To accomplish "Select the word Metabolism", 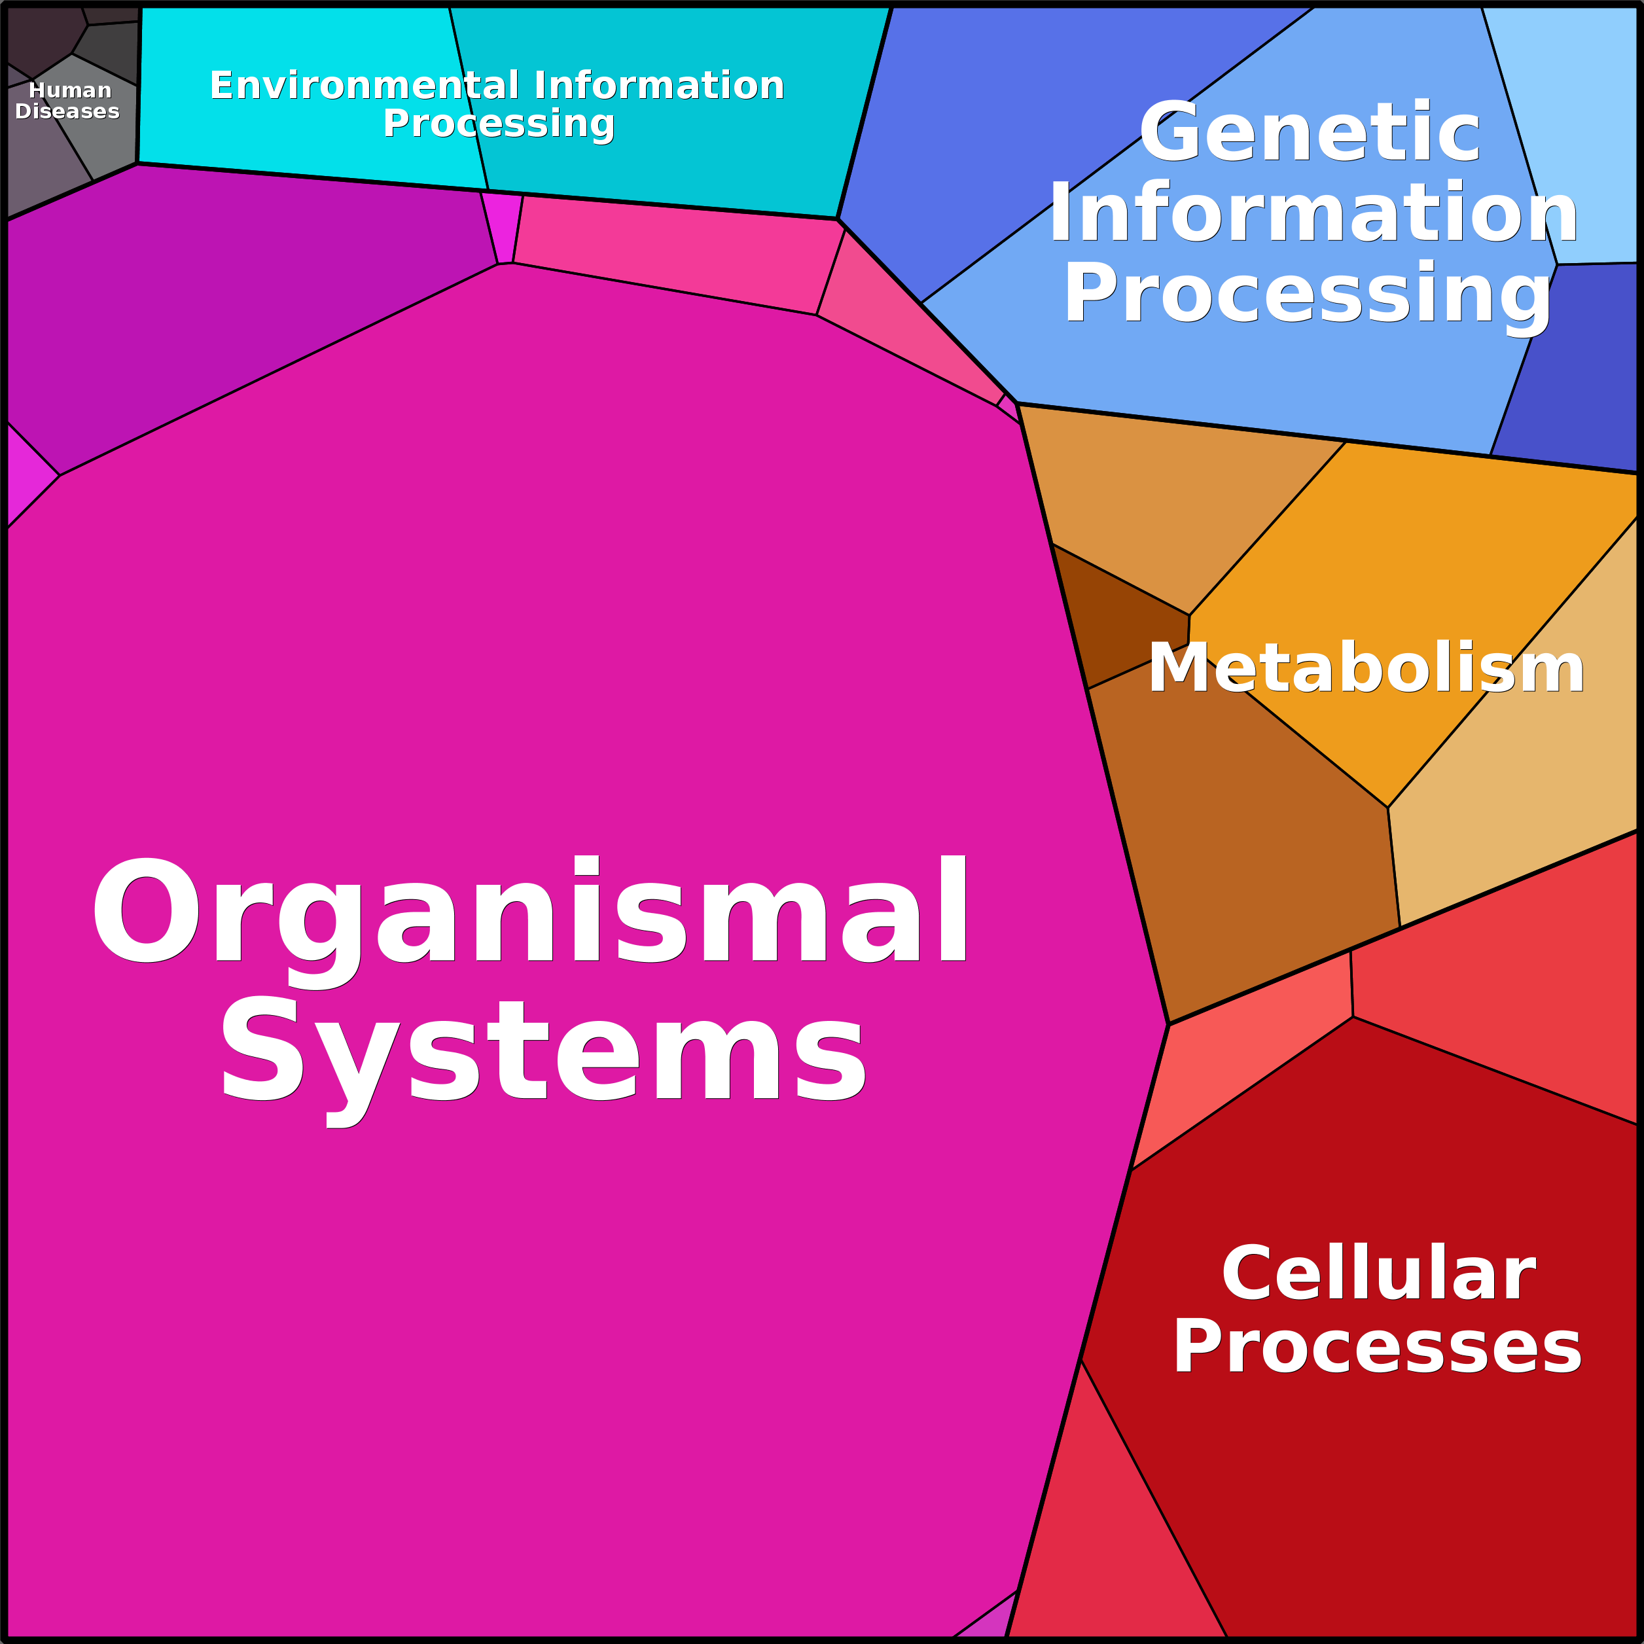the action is pyautogui.click(x=1366, y=668).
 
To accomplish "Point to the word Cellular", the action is pyautogui.click(x=1378, y=1273).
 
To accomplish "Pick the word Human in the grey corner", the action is pyautogui.click(x=70, y=90).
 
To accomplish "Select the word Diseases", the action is pyautogui.click(x=67, y=111).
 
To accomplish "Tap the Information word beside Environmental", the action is pyautogui.click(x=658, y=85).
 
